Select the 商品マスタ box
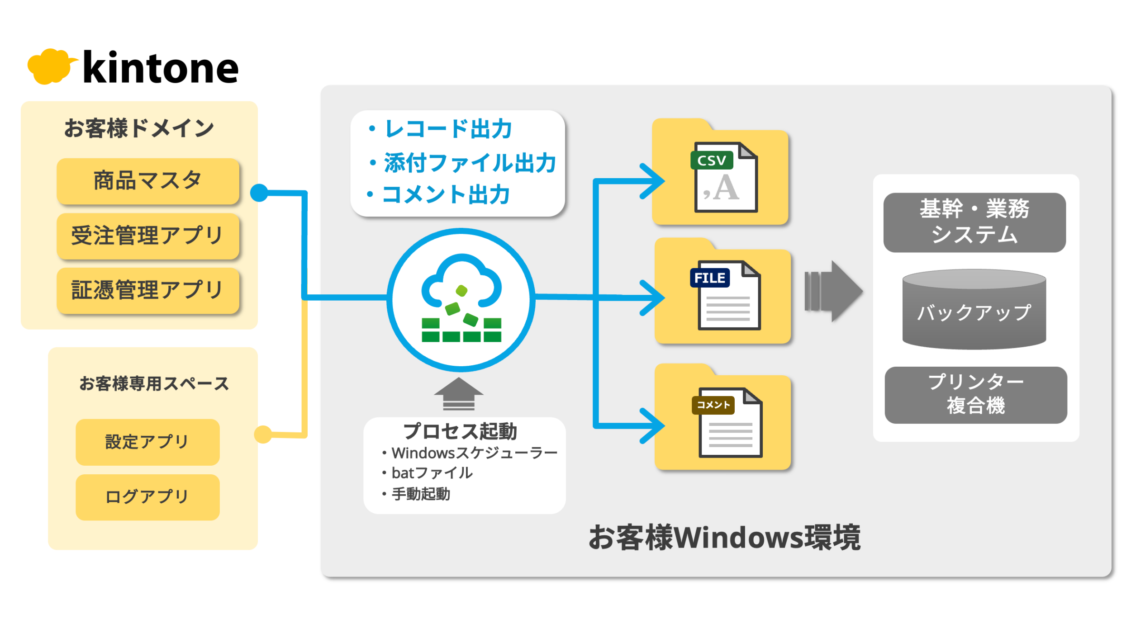(148, 181)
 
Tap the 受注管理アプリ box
(148, 236)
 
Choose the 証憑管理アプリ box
(148, 290)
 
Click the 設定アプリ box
(147, 442)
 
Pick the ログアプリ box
(147, 497)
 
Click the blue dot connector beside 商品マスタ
(259, 193)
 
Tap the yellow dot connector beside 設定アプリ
(263, 435)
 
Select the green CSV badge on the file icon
(711, 161)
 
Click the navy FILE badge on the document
(709, 278)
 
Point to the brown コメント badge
(713, 405)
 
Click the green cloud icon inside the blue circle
(461, 298)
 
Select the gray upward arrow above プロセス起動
(459, 394)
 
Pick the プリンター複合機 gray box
(976, 395)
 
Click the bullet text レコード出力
(447, 129)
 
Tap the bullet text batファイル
(432, 473)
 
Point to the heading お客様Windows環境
(724, 538)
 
